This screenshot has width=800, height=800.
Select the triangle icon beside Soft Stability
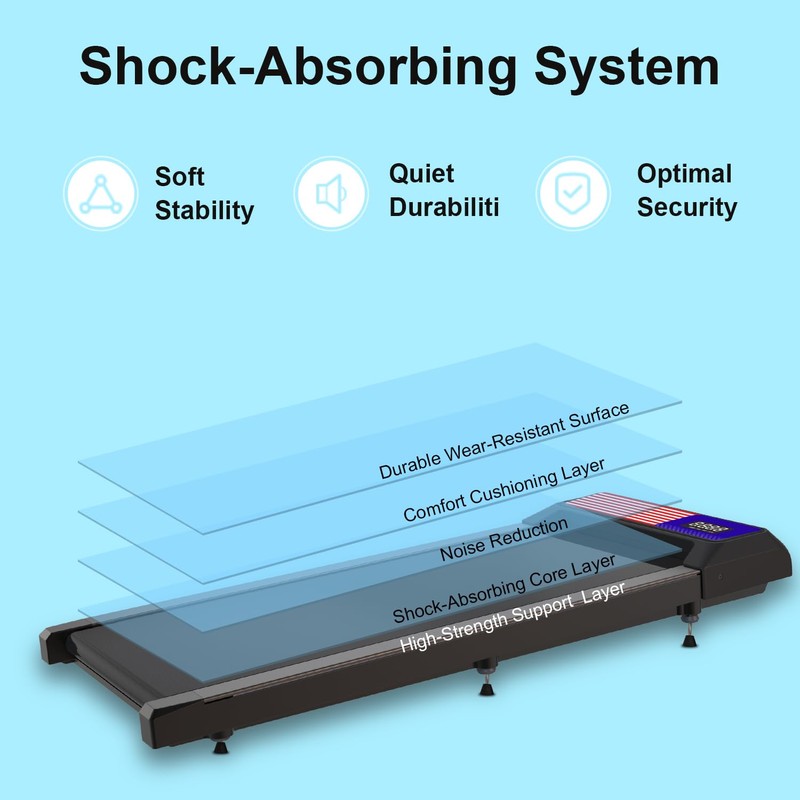coord(100,193)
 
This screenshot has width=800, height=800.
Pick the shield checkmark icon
coord(572,193)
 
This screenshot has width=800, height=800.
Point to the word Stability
coord(204,211)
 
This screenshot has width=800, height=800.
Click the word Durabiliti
coord(443,208)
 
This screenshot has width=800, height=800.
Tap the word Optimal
coord(684,174)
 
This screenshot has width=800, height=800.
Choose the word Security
coord(687,208)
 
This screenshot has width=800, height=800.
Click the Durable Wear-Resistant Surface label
coord(504,442)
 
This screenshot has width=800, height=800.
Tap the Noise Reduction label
coord(504,538)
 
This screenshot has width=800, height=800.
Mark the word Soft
coord(180,177)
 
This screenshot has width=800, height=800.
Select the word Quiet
coord(422,174)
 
